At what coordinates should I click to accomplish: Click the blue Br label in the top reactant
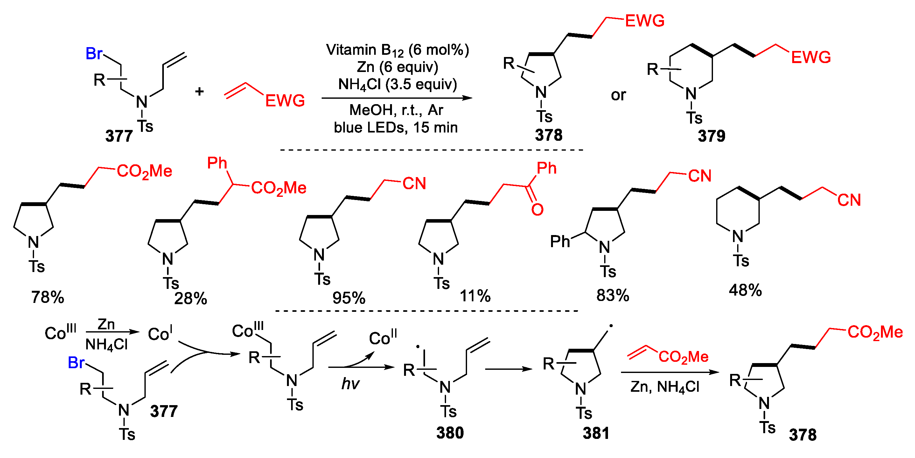pyautogui.click(x=94, y=54)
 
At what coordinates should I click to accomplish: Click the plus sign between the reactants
pyautogui.click(x=199, y=91)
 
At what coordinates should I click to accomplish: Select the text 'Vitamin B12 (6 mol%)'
pyautogui.click(x=397, y=50)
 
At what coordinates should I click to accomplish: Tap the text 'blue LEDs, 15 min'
pyautogui.click(x=395, y=127)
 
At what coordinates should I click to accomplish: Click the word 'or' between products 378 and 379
pyautogui.click(x=618, y=95)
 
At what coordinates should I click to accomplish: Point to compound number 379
pyautogui.click(x=711, y=136)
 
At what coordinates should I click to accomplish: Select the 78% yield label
pyautogui.click(x=48, y=297)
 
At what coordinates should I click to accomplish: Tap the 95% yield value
pyautogui.click(x=348, y=298)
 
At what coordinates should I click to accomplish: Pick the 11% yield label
pyautogui.click(x=475, y=296)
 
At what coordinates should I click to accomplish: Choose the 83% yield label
pyautogui.click(x=612, y=295)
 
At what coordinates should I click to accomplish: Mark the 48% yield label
pyautogui.click(x=745, y=290)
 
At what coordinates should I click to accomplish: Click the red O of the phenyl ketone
pyautogui.click(x=537, y=210)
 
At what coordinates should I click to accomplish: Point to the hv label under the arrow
pyautogui.click(x=350, y=384)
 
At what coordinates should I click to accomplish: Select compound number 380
pyautogui.click(x=450, y=433)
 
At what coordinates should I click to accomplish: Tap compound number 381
pyautogui.click(x=596, y=433)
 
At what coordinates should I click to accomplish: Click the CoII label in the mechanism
pyautogui.click(x=382, y=338)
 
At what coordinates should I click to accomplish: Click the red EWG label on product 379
pyautogui.click(x=811, y=58)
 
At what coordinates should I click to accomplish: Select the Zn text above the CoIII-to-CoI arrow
pyautogui.click(x=106, y=324)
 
